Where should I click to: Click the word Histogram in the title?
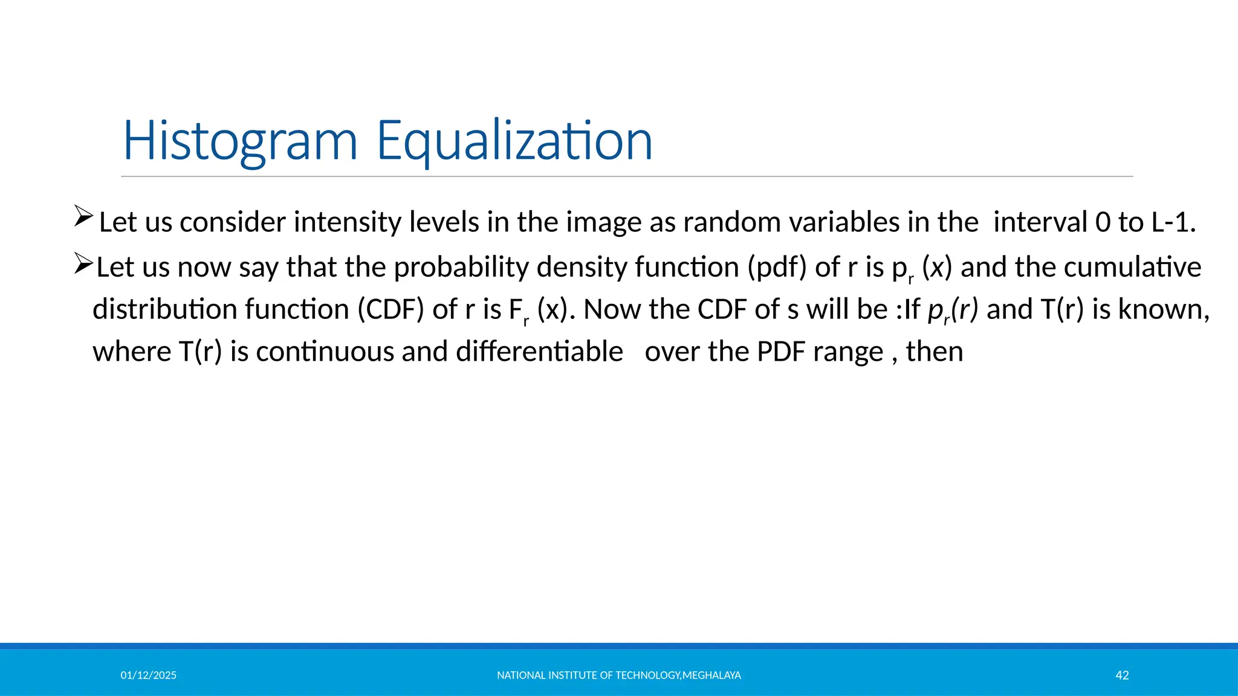[240, 141]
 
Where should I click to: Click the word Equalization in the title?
[514, 141]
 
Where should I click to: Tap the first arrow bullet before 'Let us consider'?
[83, 216]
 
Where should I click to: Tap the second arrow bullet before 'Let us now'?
[83, 263]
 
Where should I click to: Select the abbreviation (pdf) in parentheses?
[777, 267]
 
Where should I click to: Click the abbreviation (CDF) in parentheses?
[391, 309]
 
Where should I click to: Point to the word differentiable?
[539, 352]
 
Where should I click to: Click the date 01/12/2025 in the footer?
[148, 675]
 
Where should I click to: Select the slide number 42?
[1122, 675]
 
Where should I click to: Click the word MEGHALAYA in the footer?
[711, 675]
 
